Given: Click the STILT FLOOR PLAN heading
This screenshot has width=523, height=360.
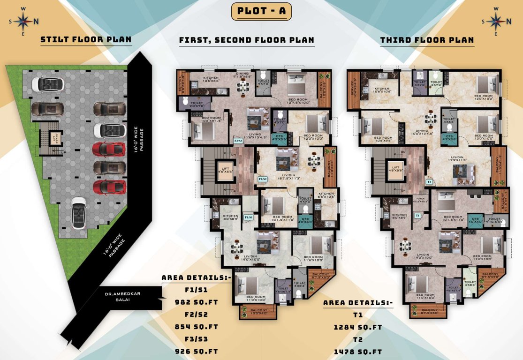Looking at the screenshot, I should coord(86,40).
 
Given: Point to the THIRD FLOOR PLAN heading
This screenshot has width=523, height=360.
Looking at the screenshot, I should coord(427,40).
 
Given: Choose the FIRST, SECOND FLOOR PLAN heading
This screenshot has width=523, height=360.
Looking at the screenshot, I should coord(247,40).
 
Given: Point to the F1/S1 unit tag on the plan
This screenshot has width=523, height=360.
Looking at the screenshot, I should coord(249,217).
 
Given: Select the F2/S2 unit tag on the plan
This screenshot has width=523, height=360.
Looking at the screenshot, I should coord(263,179).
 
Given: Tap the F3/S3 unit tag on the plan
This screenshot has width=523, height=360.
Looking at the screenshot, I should coord(238,140).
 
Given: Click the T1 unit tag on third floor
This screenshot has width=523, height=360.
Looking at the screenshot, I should coord(417,215).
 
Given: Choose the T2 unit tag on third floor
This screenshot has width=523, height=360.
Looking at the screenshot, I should coord(429,181).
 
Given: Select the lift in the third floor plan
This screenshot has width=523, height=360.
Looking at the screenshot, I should coord(396,170).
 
